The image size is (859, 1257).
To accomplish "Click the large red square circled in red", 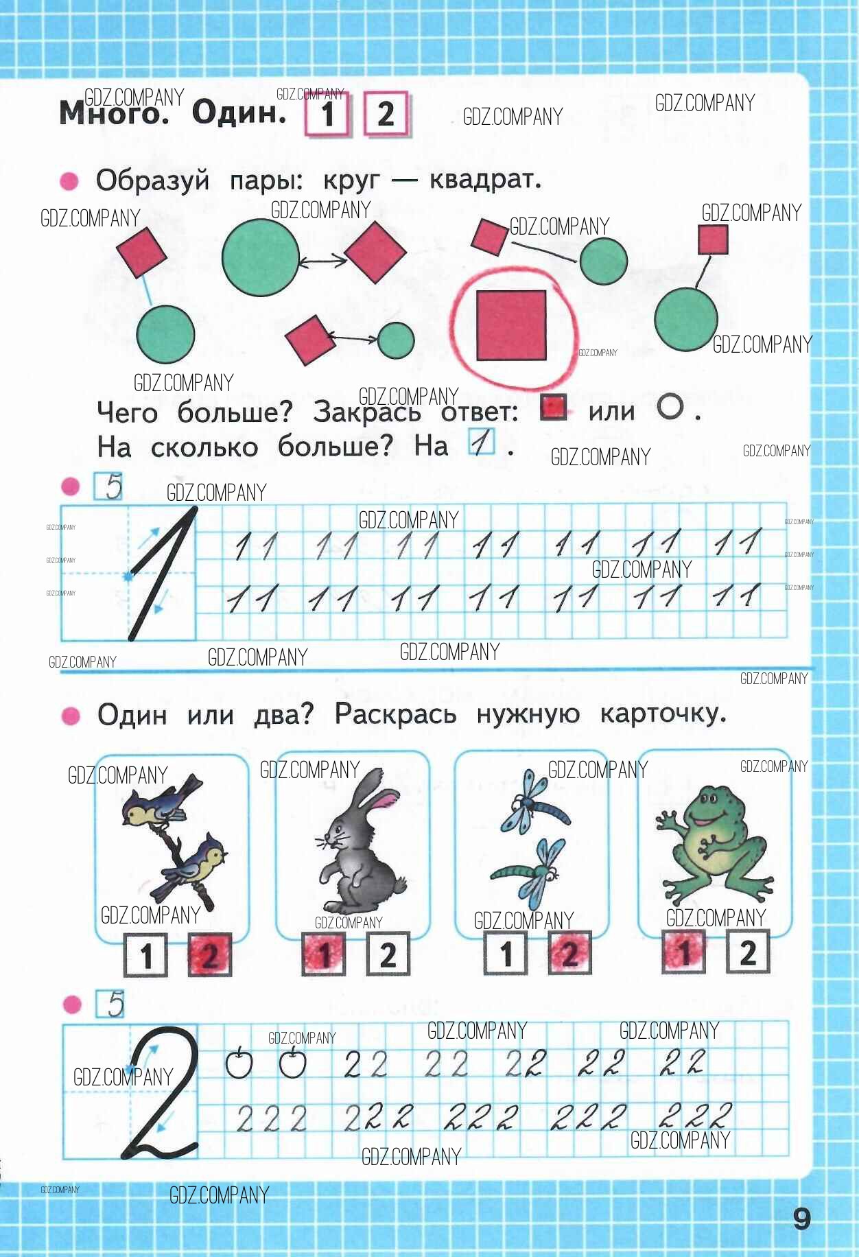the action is pos(511,325).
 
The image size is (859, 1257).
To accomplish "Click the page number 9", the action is pos(801,1219).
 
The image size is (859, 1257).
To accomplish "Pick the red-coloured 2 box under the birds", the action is pos(210,954).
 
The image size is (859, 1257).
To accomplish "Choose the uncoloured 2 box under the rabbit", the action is pos(388,954).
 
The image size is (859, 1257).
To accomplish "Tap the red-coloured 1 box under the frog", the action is pos(683,952).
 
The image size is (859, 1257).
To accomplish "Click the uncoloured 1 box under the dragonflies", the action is pos(506,954).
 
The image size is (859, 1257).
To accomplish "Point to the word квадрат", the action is pos(485,180).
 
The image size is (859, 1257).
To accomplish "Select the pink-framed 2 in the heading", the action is pos(386,114).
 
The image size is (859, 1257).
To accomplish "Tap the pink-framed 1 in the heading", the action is pos(327,115).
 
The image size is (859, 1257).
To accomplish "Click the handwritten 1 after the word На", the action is pos(482,443).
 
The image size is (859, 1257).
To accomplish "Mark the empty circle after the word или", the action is pos(670,407).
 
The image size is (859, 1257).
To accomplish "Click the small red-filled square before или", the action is pos(553,408).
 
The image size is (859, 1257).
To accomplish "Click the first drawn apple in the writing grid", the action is pos(239,1063).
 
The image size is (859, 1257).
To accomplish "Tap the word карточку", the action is pos(663,715).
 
